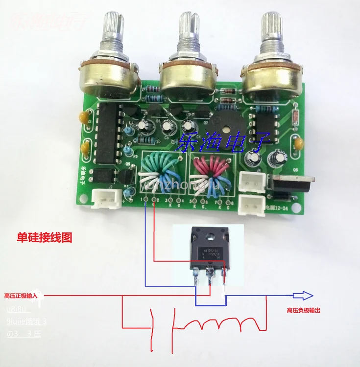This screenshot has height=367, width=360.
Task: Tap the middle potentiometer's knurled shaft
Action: point(188,29)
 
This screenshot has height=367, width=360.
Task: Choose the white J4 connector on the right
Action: point(254,182)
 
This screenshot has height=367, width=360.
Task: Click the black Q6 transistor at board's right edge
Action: point(291,184)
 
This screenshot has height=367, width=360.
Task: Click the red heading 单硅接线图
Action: point(45,238)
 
